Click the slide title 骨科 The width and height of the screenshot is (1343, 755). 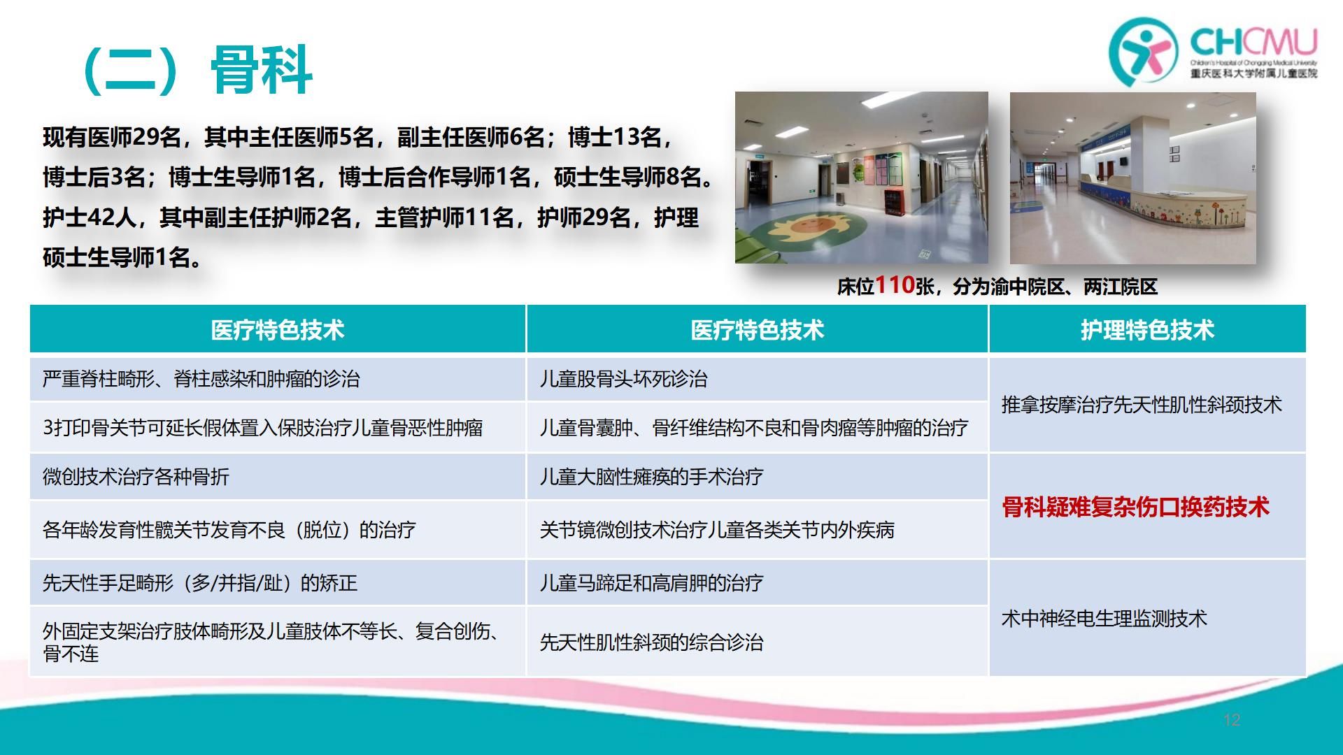pos(262,70)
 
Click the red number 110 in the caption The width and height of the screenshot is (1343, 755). pos(895,285)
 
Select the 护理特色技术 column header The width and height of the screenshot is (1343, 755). pos(1147,330)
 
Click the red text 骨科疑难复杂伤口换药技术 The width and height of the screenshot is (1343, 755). pos(1135,507)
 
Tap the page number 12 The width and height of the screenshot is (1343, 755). pos(1232,719)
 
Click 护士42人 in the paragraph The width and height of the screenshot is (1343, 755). pos(90,217)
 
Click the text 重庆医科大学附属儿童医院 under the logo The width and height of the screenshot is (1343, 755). pos(1254,73)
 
